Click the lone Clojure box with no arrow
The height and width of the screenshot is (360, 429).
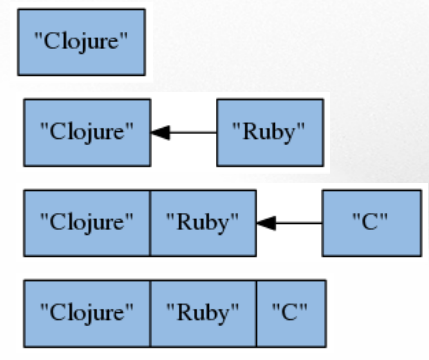tap(81, 42)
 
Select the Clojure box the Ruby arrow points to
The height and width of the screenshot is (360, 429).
tap(86, 131)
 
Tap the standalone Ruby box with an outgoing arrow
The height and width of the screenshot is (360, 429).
tap(269, 131)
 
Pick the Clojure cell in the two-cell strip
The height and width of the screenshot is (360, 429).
tap(86, 221)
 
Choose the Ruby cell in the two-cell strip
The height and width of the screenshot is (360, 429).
tap(203, 221)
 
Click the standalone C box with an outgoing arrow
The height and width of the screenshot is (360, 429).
tap(370, 221)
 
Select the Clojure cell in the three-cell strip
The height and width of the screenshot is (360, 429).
tap(86, 311)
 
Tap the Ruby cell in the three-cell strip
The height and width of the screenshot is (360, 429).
tap(203, 311)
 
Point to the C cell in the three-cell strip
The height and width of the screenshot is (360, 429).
tap(291, 311)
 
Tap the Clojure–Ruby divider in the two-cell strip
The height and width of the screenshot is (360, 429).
tap(150, 221)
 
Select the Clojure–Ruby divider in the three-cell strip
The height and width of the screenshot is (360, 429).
tap(150, 311)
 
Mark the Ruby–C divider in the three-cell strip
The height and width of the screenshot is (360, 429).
tap(256, 311)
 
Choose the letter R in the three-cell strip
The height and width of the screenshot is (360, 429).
tap(180, 311)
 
